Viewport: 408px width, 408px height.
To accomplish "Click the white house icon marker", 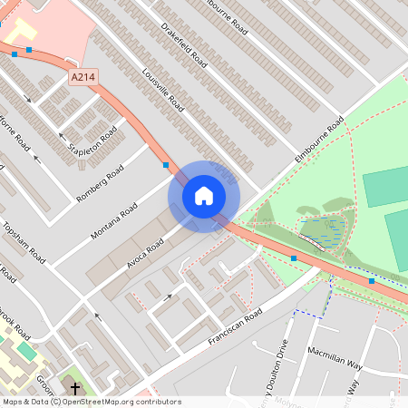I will pyautogui.click(x=204, y=196).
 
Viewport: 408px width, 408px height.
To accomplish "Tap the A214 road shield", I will pyautogui.click(x=83, y=79).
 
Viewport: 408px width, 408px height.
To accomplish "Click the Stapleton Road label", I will pyautogui.click(x=93, y=141).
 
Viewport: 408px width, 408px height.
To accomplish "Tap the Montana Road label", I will pyautogui.click(x=114, y=222).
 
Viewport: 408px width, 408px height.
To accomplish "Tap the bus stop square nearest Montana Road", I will pyautogui.click(x=165, y=165).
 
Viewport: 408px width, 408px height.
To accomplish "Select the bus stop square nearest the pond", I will pyautogui.click(x=294, y=258).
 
